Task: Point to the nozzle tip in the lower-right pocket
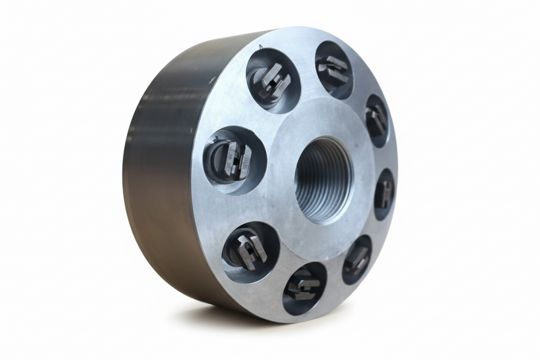pos(356,259)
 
